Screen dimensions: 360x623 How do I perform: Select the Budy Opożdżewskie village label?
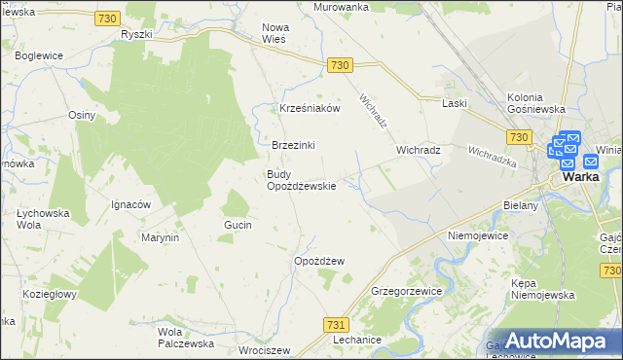pyautogui.click(x=302, y=180)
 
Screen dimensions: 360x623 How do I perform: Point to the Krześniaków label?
pyautogui.click(x=310, y=109)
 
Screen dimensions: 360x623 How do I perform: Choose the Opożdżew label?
pyautogui.click(x=320, y=261)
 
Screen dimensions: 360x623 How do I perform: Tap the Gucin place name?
pyautogui.click(x=238, y=225)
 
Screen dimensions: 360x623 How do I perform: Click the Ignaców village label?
pyautogui.click(x=130, y=205)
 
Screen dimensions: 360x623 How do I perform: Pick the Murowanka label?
pyautogui.click(x=341, y=7)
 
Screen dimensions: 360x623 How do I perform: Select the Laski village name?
pyautogui.click(x=455, y=103)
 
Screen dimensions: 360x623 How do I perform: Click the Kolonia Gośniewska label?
pyautogui.click(x=536, y=103)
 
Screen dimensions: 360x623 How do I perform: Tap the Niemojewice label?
pyautogui.click(x=479, y=235)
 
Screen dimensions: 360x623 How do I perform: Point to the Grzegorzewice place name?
pyautogui.click(x=408, y=291)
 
